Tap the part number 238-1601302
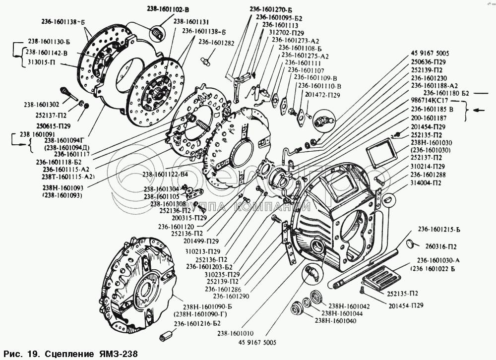click(41, 105)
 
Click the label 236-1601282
click(212, 43)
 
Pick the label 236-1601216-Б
click(197, 323)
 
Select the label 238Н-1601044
click(345, 313)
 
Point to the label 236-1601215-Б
click(438, 230)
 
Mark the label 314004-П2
click(427, 182)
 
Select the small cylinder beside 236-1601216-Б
click(164, 338)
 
